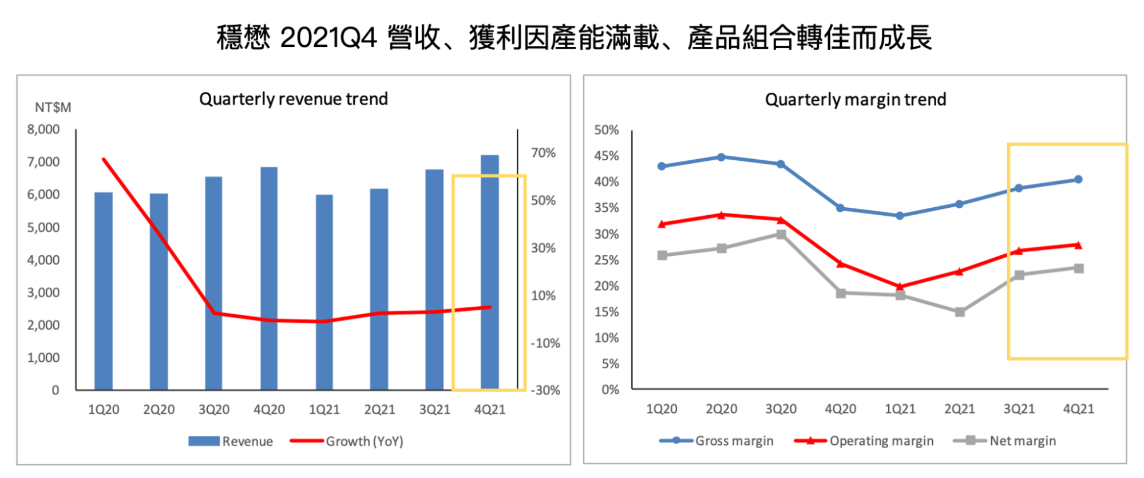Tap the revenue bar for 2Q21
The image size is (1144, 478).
[x=379, y=289]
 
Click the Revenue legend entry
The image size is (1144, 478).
[x=231, y=441]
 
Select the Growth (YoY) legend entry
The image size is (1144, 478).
[x=347, y=441]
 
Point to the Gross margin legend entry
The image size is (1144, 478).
[x=717, y=441]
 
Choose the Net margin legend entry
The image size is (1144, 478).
[x=1005, y=441]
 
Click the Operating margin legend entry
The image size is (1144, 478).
[x=864, y=441]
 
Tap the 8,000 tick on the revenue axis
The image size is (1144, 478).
[x=43, y=129]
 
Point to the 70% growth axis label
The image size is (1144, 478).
[x=543, y=153]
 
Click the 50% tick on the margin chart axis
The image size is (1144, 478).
[x=607, y=130]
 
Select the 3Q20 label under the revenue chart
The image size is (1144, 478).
[x=214, y=410]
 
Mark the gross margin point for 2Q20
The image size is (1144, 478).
[x=721, y=157]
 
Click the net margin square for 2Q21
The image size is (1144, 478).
[x=960, y=312]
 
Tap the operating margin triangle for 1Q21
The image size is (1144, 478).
[x=900, y=286]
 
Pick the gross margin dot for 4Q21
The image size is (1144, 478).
[x=1079, y=179]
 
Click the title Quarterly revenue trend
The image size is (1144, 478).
[x=294, y=99]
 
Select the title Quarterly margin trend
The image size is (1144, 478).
[x=856, y=100]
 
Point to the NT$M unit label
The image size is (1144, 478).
[x=53, y=108]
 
